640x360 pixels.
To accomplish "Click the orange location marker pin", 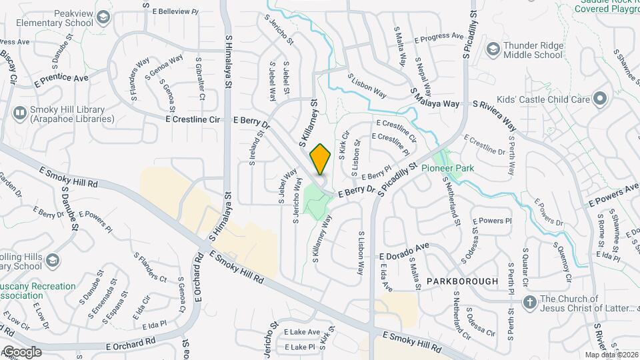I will (320, 159).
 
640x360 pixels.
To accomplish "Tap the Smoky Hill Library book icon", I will (19, 114).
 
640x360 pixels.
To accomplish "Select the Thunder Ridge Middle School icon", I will (493, 49).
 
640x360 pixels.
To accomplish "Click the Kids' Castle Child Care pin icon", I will (599, 99).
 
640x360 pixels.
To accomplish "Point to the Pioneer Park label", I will (447, 169).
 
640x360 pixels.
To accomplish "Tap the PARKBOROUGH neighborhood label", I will (463, 281).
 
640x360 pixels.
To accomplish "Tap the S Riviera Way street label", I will (495, 113).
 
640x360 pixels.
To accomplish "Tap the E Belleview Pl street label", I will (175, 12).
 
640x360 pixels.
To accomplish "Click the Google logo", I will (21, 351).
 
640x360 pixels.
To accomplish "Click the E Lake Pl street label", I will (299, 347).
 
